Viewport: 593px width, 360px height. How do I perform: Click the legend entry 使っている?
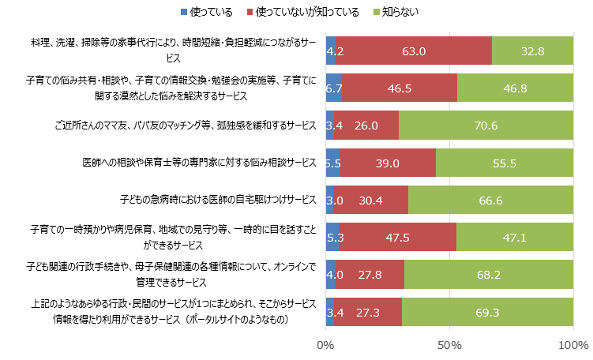coord(206,12)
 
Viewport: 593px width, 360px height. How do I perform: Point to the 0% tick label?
coord(325,346)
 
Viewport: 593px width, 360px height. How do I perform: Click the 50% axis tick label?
coord(449,346)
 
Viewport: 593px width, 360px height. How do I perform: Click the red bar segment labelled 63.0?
coord(414,51)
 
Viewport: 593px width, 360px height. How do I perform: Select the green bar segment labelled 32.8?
coord(533,51)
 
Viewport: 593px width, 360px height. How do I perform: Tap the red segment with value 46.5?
coord(400,88)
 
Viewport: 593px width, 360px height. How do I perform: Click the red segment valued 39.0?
coord(388,163)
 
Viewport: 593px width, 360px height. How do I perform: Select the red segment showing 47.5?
coord(397,238)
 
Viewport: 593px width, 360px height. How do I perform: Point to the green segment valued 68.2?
coord(490,275)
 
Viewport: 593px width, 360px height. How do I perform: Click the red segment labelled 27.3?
coord(368,313)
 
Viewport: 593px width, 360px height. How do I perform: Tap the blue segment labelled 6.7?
coord(333,88)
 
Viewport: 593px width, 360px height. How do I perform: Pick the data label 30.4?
coord(370,201)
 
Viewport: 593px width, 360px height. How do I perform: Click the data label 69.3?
coord(488,313)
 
